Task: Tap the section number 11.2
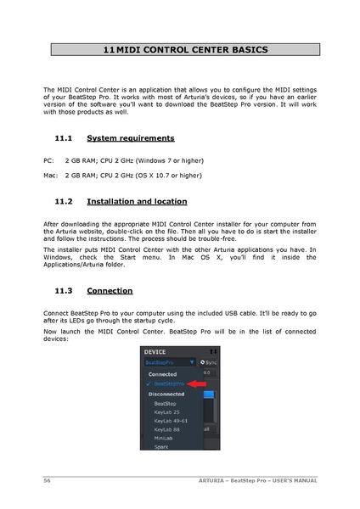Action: point(64,202)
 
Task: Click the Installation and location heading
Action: point(137,202)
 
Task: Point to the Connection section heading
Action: point(110,290)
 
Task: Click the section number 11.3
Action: point(64,290)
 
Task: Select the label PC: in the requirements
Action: point(48,160)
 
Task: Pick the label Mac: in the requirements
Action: point(50,176)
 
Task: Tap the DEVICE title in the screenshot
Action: point(155,351)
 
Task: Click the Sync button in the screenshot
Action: point(208,362)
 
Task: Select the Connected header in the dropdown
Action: point(163,374)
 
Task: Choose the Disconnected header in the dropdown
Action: point(168,394)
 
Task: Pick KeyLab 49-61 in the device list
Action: point(172,421)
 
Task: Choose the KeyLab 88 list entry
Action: point(168,430)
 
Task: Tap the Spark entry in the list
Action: point(161,447)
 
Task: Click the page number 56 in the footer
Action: point(48,481)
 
